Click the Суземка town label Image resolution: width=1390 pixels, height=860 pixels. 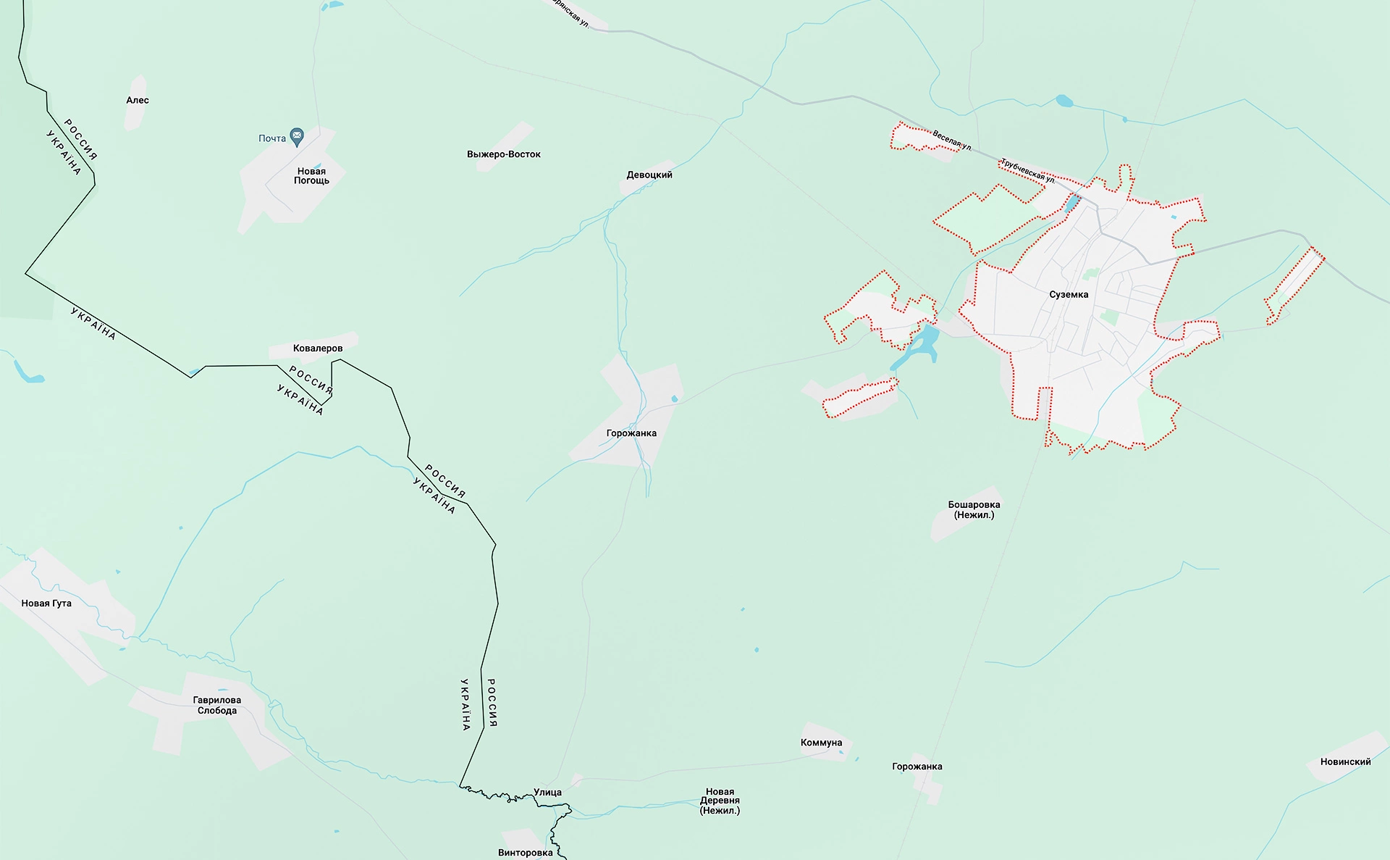click(1069, 295)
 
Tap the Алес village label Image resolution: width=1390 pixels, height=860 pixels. click(138, 101)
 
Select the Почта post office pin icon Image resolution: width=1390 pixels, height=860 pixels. click(297, 135)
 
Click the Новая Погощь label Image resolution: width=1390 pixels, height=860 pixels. click(311, 176)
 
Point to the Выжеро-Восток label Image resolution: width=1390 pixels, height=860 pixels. click(504, 154)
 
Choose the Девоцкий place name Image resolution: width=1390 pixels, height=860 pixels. click(649, 175)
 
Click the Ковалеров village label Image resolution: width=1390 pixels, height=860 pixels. click(318, 348)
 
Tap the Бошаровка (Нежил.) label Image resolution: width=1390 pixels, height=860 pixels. click(974, 510)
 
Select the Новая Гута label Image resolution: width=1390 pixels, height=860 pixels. click(46, 604)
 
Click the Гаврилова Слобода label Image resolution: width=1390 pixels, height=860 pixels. click(217, 706)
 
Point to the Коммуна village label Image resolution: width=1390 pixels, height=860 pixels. click(822, 743)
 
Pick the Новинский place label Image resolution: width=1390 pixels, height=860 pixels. click(1346, 762)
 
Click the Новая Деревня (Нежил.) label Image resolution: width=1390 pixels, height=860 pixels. click(720, 801)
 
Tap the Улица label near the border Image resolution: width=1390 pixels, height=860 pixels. click(547, 793)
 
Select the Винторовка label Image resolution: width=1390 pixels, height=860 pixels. click(526, 853)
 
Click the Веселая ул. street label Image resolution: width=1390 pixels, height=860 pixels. click(951, 140)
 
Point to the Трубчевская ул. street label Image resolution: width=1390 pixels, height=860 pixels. click(1027, 170)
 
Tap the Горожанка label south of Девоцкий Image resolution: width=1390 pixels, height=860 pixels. click(631, 433)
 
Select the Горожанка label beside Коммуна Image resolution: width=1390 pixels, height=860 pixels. click(917, 767)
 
